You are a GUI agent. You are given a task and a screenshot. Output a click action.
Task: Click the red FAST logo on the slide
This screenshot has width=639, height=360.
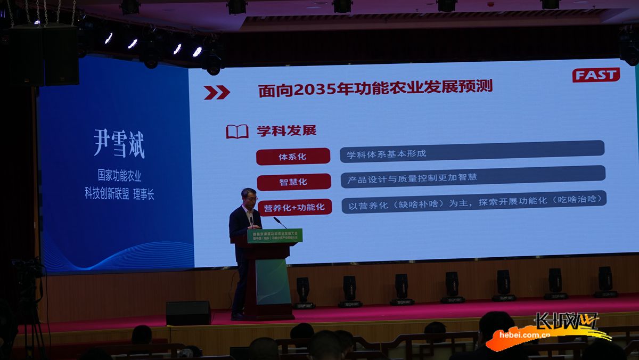point(596,75)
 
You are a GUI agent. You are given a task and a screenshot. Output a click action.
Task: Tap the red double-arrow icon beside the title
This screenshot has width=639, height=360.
point(216,92)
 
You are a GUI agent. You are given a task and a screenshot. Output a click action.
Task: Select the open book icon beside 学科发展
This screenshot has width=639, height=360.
point(237,132)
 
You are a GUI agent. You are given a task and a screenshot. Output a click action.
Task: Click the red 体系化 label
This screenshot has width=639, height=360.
point(293,157)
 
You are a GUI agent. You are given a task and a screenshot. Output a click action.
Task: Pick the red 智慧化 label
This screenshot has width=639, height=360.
point(293,182)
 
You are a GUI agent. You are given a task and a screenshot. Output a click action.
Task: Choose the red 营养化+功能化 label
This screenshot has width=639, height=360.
point(294,207)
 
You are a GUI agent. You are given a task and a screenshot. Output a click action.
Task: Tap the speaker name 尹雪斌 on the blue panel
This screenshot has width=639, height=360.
point(119,143)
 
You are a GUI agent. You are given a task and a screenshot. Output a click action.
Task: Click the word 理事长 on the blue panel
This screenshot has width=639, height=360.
point(143,194)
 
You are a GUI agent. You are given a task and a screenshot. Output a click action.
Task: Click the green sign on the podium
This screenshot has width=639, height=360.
point(275,235)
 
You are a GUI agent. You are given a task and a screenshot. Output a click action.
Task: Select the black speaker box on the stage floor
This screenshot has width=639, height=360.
point(188,313)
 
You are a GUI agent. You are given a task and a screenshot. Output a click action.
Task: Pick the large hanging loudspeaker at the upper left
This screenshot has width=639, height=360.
point(44,55)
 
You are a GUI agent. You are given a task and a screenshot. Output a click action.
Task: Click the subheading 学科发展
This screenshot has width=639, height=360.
point(286,131)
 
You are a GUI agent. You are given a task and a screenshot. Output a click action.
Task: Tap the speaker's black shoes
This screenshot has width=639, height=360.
point(237,317)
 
